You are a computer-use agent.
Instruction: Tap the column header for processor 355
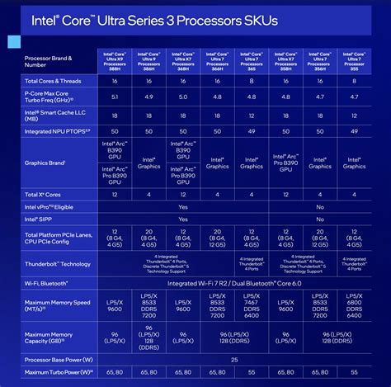[354, 61]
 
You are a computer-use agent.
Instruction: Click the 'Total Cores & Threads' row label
[53, 80]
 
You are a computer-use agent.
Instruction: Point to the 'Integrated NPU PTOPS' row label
[55, 130]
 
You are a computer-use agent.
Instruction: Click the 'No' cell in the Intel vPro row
[319, 207]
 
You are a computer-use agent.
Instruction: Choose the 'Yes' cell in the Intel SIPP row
[182, 220]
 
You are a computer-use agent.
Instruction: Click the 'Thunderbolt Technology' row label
[58, 264]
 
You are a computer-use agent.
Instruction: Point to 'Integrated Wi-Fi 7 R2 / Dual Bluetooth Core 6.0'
[233, 283]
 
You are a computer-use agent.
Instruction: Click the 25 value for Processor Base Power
[233, 360]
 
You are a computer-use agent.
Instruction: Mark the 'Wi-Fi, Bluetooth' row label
[51, 283]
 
